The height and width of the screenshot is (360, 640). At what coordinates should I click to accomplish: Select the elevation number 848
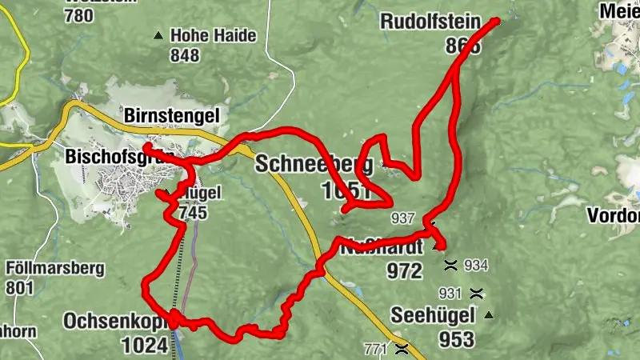point(184,55)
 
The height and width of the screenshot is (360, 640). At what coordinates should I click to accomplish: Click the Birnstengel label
point(171,116)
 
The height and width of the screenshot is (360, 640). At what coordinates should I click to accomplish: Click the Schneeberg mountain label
point(314,165)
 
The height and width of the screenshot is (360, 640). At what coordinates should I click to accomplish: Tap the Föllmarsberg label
point(54,269)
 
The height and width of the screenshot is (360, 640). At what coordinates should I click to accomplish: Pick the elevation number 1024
point(145,345)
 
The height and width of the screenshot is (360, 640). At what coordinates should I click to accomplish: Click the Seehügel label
point(432,314)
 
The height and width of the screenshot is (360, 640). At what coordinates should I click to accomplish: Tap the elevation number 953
point(456,340)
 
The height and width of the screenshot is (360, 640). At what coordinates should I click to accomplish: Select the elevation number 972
point(403,271)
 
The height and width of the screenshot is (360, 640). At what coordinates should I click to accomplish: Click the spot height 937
point(403,218)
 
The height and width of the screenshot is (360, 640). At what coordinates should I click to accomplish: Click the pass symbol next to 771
point(402,349)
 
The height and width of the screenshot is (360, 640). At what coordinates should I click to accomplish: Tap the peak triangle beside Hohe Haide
point(158,35)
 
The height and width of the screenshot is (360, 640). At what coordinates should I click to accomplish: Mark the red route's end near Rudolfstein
point(496,21)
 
